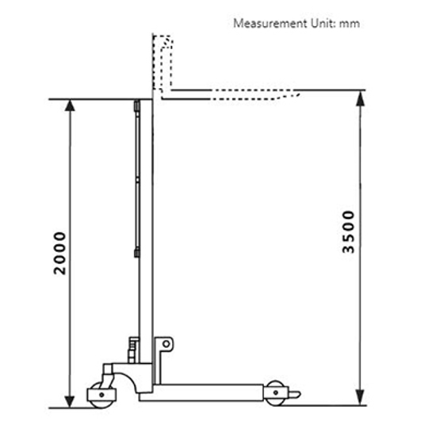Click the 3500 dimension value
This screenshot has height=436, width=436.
pyautogui.click(x=349, y=231)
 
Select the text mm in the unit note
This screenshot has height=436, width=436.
pyautogui.click(x=349, y=23)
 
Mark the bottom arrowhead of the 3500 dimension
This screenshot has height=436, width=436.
pyautogui.click(x=361, y=402)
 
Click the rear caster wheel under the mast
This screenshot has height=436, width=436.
pyautogui.click(x=100, y=395)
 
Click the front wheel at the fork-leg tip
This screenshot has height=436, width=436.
pyautogui.click(x=275, y=393)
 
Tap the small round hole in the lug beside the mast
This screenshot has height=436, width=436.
pyautogui.click(x=165, y=345)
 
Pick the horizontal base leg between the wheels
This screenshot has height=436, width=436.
pyautogui.click(x=210, y=392)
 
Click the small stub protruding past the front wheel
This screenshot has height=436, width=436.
pyautogui.click(x=294, y=394)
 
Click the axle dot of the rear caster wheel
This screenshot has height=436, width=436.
pyautogui.click(x=100, y=396)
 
